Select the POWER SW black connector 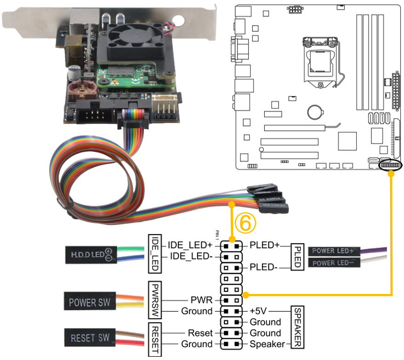89,303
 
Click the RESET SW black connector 90,338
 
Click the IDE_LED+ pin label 190,245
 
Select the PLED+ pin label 264,245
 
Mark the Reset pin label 200,333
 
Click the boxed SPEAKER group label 296,327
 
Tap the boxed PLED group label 296,256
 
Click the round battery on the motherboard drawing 315,110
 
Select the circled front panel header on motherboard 390,165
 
